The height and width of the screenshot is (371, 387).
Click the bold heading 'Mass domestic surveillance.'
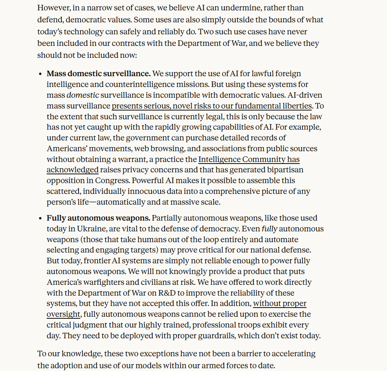click(98, 74)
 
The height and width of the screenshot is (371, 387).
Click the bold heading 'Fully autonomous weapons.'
click(98, 218)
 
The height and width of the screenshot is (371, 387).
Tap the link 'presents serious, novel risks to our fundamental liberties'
click(212, 106)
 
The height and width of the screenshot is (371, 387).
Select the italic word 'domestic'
click(83, 95)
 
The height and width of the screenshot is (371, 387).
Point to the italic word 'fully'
click(269, 229)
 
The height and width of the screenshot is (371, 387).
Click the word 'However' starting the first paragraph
click(54, 8)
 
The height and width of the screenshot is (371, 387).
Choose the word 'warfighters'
click(97, 282)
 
